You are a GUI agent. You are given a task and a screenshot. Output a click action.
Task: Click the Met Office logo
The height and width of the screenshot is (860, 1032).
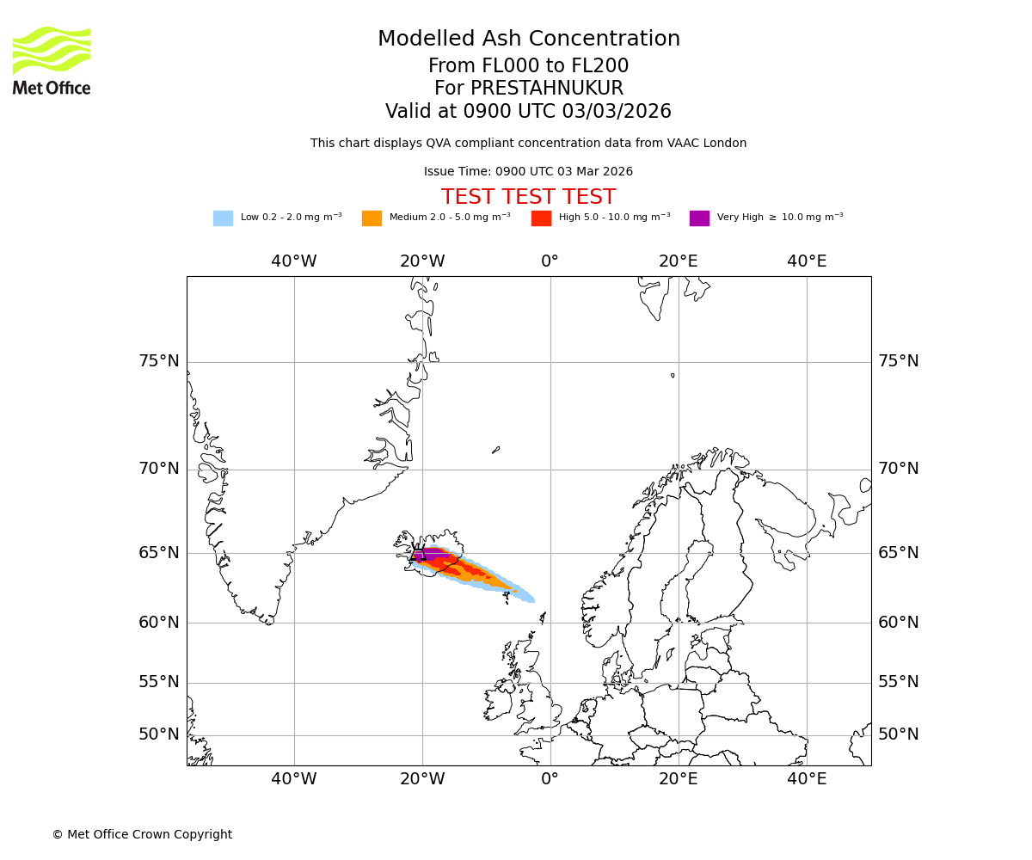click(52, 60)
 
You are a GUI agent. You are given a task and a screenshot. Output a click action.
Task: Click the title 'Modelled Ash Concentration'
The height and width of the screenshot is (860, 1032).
click(528, 40)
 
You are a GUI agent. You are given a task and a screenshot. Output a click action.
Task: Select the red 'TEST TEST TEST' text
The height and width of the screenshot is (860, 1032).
click(528, 198)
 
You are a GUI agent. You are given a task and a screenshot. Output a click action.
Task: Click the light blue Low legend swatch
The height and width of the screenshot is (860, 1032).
click(223, 218)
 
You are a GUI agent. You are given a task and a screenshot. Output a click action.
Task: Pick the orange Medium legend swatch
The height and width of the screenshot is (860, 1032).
click(372, 218)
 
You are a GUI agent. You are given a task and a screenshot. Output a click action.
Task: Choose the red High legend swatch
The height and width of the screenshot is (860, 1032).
click(541, 218)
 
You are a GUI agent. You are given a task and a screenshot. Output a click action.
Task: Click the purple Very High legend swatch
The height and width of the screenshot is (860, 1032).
click(699, 218)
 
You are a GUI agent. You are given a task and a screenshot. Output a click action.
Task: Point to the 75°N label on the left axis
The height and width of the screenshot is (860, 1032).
click(159, 361)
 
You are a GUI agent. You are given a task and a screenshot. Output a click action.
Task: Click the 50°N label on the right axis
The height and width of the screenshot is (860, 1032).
click(898, 734)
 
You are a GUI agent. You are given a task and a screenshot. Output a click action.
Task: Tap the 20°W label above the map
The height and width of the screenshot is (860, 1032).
click(422, 261)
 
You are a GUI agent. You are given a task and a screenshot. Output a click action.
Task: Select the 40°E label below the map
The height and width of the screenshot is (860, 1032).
click(807, 779)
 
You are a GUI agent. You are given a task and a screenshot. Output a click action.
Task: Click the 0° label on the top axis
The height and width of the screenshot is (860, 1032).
click(550, 261)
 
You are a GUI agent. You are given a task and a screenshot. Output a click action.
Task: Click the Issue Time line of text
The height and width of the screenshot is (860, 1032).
click(528, 172)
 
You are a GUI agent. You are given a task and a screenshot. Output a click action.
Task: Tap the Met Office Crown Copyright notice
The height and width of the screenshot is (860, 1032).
click(142, 835)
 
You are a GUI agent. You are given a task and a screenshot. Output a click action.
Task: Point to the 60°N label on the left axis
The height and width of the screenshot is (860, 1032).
click(159, 623)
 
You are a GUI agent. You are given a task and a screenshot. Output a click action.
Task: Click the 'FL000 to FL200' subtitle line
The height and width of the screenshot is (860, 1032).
click(528, 66)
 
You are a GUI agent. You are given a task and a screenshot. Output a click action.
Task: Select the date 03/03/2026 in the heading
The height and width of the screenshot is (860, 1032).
click(617, 112)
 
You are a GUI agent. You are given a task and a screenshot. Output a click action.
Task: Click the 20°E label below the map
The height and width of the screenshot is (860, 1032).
click(679, 779)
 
